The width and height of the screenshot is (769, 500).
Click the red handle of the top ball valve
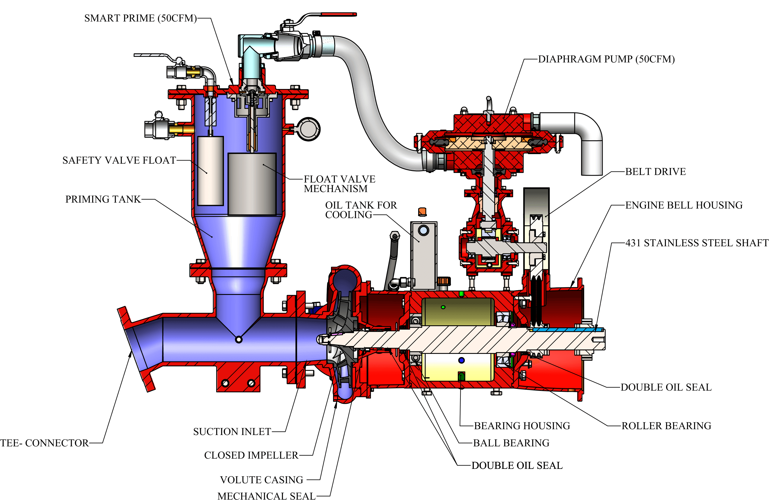click(339, 15)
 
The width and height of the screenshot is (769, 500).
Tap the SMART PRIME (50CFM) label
click(140, 18)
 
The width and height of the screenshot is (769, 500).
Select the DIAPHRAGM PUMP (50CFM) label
click(606, 59)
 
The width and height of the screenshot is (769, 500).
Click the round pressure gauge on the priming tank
click(309, 129)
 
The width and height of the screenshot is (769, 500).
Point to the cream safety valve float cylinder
click(210, 171)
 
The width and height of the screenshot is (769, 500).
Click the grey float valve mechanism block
click(252, 184)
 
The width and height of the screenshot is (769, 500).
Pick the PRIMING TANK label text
click(103, 199)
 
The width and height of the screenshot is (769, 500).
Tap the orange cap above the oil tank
click(422, 211)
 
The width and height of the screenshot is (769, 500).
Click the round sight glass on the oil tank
click(423, 230)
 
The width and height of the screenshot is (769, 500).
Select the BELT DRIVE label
click(655, 172)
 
